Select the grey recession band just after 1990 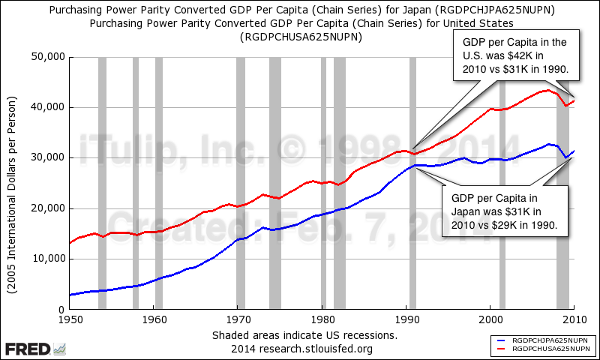(412, 183)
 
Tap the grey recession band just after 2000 (502, 183)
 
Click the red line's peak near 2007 (548, 90)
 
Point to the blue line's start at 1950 (70, 295)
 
